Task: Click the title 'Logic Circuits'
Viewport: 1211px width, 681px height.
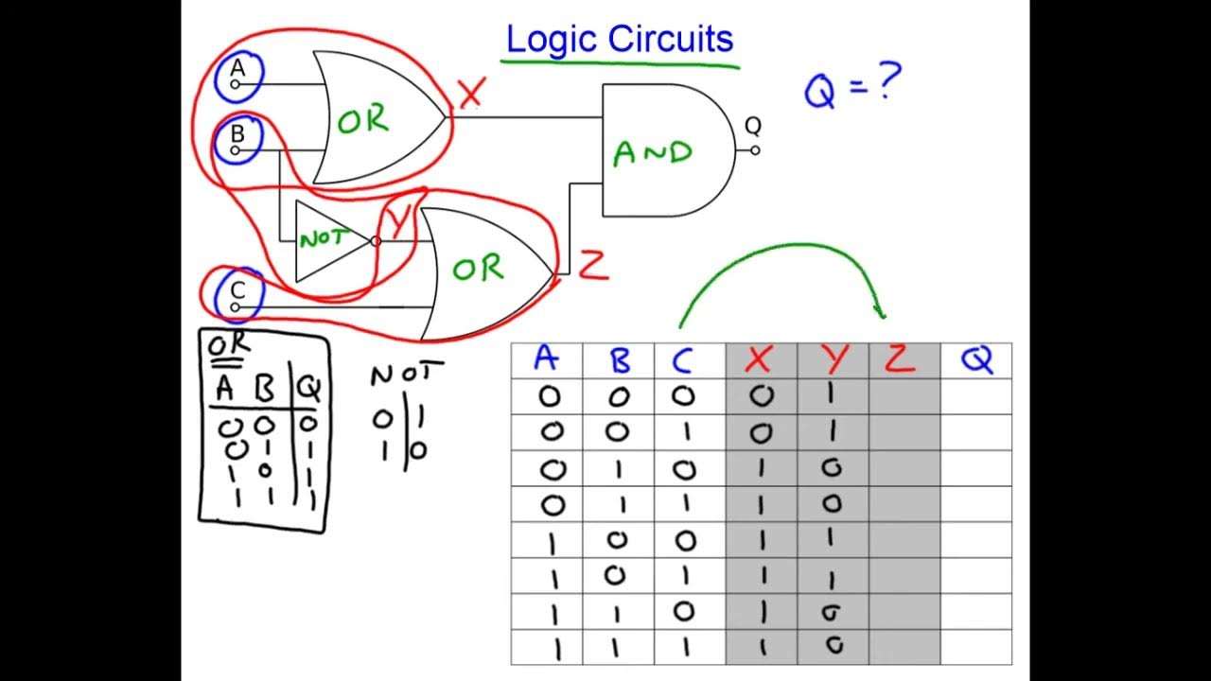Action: click(620, 40)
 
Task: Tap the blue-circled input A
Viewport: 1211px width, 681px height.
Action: click(237, 76)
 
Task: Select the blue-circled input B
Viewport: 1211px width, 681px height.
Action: click(237, 140)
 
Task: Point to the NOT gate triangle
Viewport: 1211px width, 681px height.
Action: click(326, 240)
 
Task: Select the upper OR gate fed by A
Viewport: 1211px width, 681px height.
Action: click(369, 119)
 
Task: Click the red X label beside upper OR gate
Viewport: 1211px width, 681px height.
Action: click(470, 92)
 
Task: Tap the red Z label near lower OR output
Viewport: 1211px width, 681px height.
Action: click(593, 266)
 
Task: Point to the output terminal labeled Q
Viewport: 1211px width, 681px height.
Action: click(753, 148)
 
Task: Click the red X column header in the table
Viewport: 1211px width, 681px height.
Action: click(760, 359)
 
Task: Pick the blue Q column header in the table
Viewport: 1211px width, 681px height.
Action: click(975, 359)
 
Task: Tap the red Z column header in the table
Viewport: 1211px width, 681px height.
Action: click(902, 359)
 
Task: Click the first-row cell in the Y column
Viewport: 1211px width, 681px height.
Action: click(833, 396)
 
